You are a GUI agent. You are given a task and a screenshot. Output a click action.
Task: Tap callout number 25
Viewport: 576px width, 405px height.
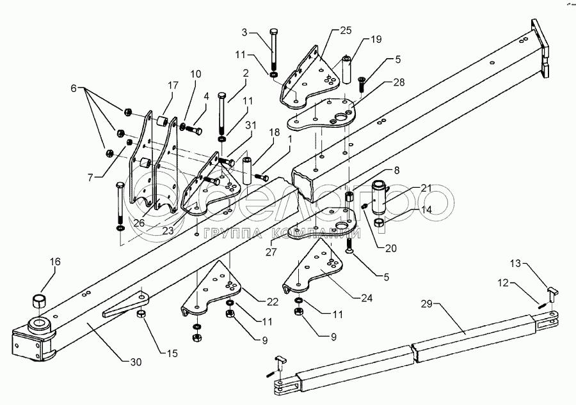[x=346, y=31]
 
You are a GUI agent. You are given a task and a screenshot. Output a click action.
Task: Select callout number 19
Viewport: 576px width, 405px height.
[x=376, y=39]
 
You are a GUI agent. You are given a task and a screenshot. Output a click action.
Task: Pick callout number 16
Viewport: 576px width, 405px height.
[x=56, y=261]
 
